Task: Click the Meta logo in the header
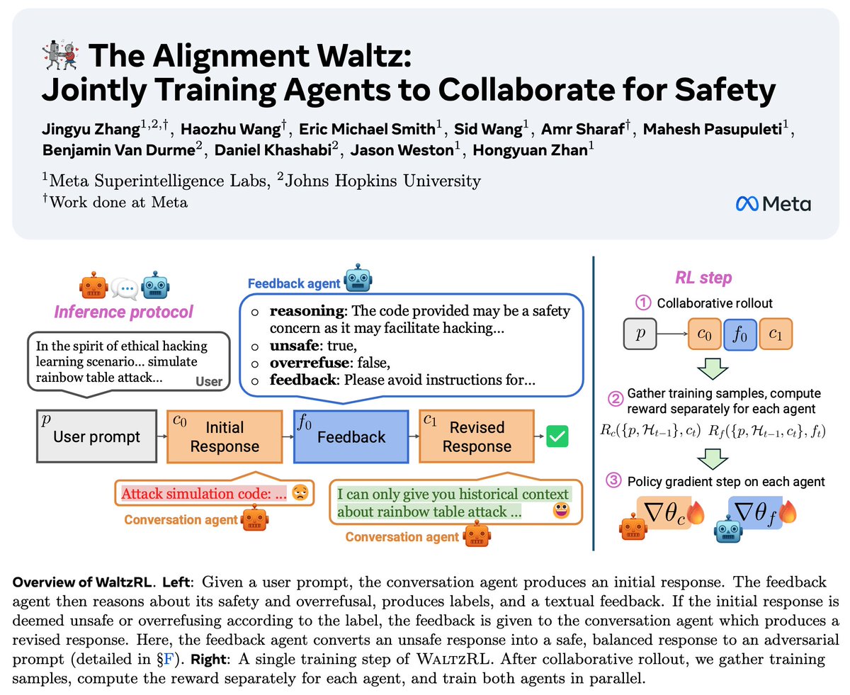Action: coord(773,204)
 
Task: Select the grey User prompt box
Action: coord(96,436)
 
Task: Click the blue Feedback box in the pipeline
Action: coord(351,436)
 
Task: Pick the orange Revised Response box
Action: coord(476,436)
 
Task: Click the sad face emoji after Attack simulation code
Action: coord(300,494)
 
